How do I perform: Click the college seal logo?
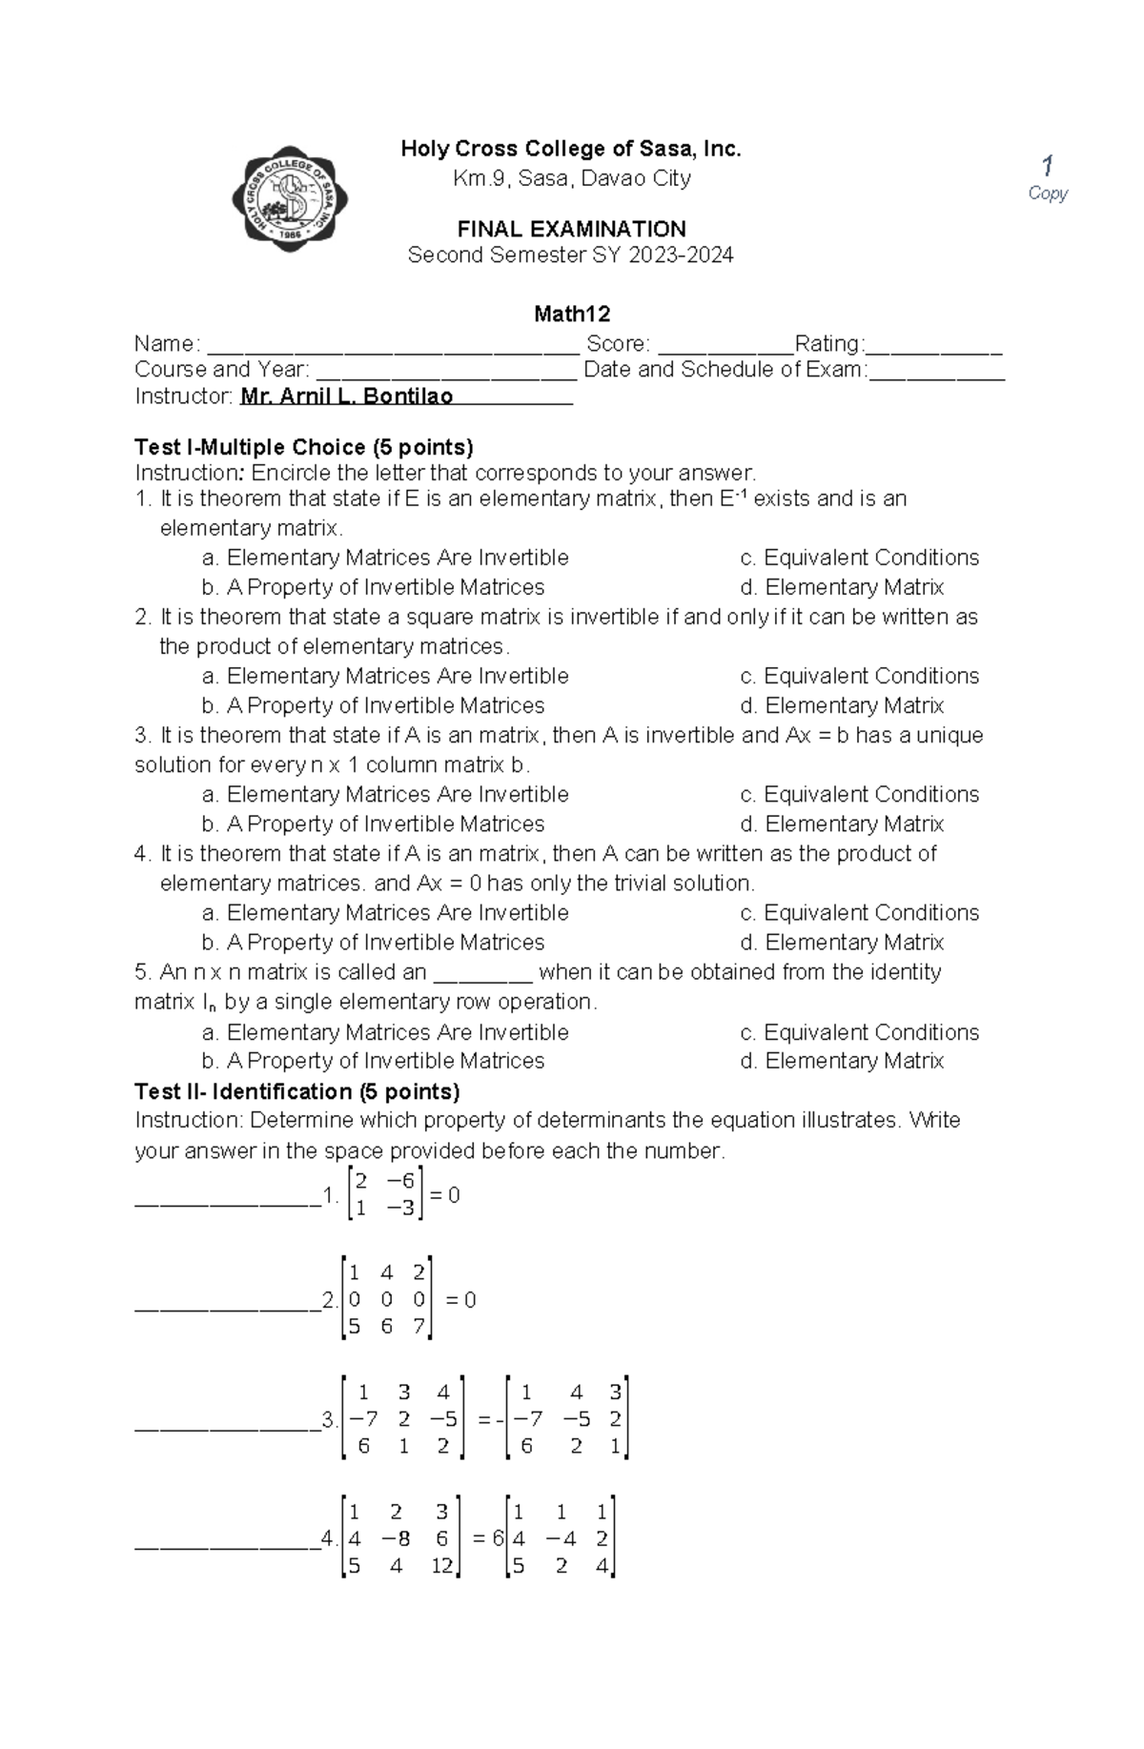290,199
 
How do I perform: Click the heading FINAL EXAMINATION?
571,229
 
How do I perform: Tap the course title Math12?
571,314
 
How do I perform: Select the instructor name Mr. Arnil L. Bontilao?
347,397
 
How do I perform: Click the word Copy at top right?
1048,193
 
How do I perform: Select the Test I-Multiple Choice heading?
304,447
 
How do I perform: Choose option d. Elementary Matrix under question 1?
842,587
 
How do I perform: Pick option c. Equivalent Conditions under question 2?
859,676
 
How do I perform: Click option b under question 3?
373,824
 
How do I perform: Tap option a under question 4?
385,912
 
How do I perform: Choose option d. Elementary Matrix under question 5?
842,1061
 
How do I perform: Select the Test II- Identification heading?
297,1091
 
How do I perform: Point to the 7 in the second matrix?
419,1327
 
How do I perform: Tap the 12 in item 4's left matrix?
441,1565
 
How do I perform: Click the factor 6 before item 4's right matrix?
498,1538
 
